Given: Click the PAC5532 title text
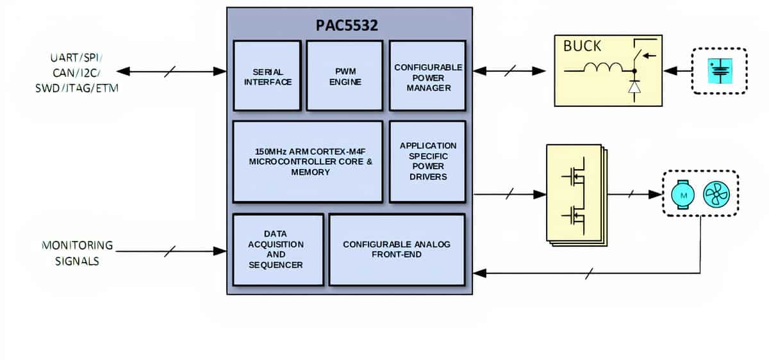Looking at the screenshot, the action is click(347, 25).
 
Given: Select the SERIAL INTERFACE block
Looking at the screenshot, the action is click(267, 76).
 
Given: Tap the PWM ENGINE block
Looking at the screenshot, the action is click(345, 76).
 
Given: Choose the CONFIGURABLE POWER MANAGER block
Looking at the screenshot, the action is click(428, 76).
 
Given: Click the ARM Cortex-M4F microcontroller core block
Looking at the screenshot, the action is click(308, 161).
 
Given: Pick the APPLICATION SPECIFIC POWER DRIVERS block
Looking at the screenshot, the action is click(428, 161).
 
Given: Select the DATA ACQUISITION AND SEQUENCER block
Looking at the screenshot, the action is click(278, 249).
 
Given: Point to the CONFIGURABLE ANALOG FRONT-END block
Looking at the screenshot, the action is click(397, 249).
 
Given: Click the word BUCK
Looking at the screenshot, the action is click(583, 46).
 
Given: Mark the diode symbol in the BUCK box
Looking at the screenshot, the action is click(634, 87).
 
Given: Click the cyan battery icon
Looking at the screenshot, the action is click(720, 71).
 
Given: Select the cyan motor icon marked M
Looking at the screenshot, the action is click(683, 195).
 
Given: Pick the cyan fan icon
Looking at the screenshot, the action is click(716, 194).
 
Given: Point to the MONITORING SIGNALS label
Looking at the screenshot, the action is click(78, 253).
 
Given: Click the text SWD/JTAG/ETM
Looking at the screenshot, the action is click(77, 88).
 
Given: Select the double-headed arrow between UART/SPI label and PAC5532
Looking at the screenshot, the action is click(171, 71).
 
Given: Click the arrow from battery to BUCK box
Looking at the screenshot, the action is click(677, 71).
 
